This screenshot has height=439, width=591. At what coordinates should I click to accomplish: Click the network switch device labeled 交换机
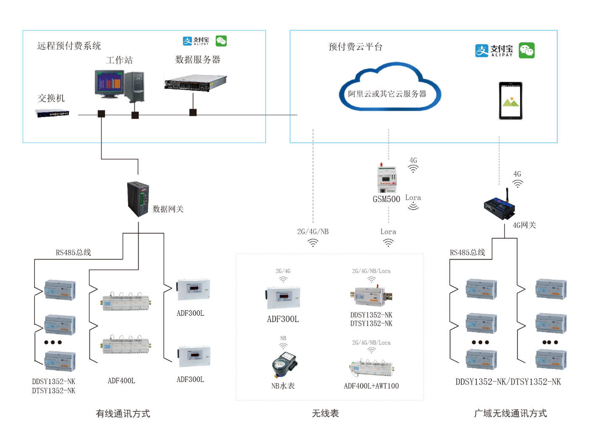click(52, 113)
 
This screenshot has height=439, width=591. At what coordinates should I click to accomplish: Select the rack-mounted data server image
click(195, 83)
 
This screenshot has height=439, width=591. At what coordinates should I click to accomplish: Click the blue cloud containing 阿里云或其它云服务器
click(389, 88)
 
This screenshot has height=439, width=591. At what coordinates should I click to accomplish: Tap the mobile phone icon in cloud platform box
click(510, 101)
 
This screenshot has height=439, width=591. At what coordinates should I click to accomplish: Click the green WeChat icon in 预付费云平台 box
click(526, 50)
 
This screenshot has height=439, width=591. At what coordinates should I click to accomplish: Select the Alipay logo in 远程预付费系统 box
click(196, 41)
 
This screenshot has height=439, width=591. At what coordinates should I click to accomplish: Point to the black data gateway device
click(138, 199)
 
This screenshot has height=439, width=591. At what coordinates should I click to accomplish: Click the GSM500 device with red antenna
click(386, 179)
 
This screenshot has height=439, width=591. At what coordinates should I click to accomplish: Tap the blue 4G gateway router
click(499, 207)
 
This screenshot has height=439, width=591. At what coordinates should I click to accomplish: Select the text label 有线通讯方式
click(123, 413)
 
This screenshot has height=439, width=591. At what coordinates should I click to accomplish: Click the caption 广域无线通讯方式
click(510, 413)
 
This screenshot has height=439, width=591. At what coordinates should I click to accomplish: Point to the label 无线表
click(325, 413)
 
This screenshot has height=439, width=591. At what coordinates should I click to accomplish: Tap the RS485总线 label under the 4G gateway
click(467, 252)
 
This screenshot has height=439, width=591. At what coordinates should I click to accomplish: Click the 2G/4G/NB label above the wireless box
click(313, 231)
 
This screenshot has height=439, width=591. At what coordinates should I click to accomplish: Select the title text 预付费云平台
click(355, 47)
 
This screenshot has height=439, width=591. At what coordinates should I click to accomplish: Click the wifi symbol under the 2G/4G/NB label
click(313, 243)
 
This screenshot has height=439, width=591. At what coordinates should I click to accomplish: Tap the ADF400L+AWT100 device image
click(371, 368)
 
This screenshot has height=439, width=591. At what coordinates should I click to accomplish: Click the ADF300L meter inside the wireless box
click(283, 297)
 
